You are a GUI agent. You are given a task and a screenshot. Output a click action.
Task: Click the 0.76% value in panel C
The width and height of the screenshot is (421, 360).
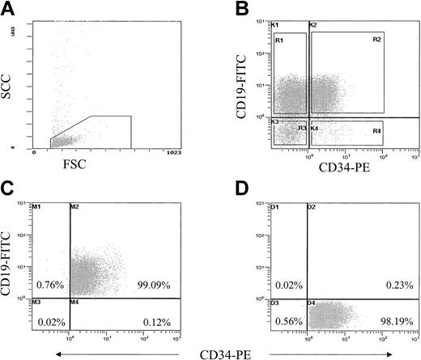(x=49, y=285)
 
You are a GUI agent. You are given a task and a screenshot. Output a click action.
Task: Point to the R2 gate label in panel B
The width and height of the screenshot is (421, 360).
(x=377, y=39)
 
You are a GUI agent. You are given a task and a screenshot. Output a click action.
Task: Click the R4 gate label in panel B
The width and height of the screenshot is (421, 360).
(x=377, y=130)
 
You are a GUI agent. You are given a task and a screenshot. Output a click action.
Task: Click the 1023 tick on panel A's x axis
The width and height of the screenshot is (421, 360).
(x=174, y=152)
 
